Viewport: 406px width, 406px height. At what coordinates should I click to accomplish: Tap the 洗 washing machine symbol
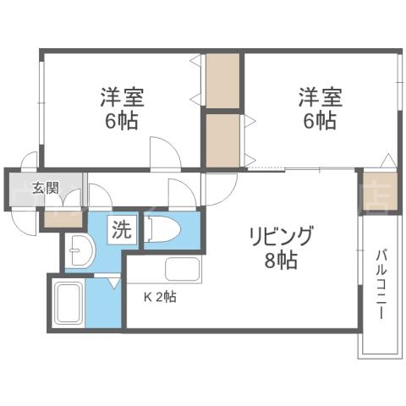[123, 229]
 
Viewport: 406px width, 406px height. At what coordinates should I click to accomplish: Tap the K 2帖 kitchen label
[159, 297]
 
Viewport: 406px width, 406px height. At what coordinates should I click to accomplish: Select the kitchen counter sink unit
[183, 270]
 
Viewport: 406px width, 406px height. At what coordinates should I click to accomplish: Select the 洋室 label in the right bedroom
[317, 96]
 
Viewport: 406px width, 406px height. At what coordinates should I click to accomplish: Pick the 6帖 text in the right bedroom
[317, 119]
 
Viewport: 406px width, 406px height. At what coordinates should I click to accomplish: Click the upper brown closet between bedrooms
[223, 81]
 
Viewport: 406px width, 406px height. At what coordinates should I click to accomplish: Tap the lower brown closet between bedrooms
[223, 139]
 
